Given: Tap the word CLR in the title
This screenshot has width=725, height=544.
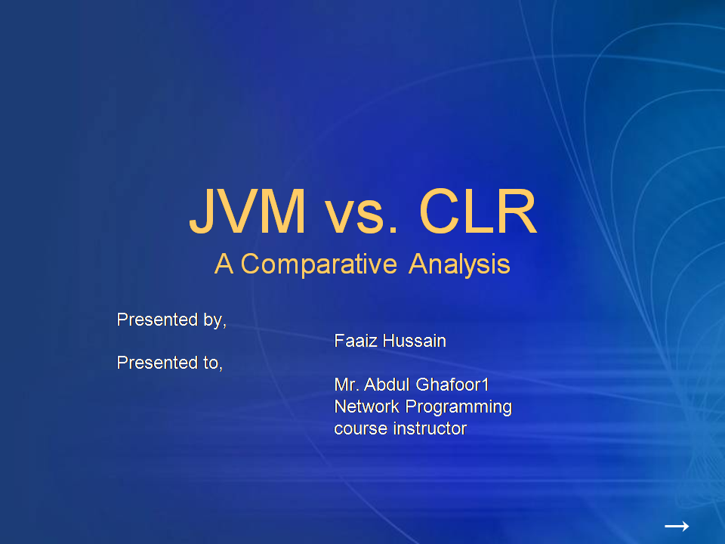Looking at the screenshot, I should (x=477, y=213).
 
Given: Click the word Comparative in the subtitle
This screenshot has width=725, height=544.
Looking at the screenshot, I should (x=319, y=264).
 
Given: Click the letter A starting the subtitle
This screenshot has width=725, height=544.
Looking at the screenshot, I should (x=224, y=264).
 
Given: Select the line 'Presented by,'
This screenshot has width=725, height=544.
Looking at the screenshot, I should (x=171, y=320).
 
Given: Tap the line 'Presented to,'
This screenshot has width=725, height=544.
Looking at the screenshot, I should (x=169, y=363).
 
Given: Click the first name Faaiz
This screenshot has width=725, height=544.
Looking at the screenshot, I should (x=356, y=341).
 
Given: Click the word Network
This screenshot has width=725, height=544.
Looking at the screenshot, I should (x=367, y=406).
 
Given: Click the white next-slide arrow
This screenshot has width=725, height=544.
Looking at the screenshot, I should (x=676, y=526).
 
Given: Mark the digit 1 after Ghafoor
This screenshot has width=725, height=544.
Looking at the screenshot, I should (x=486, y=385).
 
